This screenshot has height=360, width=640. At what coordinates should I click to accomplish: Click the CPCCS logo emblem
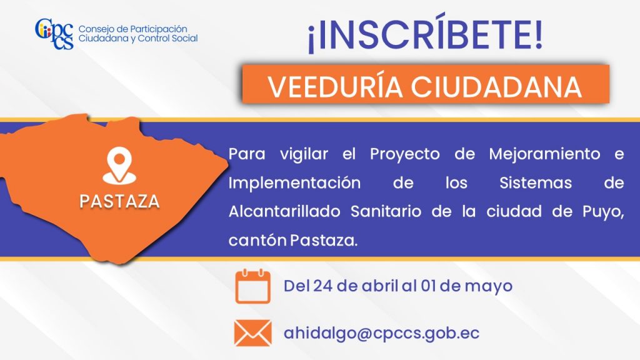54,34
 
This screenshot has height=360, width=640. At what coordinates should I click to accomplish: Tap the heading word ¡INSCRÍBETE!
426,34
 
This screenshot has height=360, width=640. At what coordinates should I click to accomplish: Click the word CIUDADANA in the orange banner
496,86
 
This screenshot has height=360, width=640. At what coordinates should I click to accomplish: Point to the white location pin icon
119,166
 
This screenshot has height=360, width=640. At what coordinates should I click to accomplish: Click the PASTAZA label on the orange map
119,201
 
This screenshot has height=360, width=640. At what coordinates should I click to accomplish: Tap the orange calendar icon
252,286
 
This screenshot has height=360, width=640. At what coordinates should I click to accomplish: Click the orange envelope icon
252,333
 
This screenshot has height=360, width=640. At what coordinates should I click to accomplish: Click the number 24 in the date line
323,286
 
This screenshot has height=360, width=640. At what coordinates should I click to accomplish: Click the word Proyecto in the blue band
405,155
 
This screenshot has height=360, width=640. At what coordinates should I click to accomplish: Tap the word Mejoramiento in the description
544,154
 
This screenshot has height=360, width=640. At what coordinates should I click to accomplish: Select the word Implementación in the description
294,183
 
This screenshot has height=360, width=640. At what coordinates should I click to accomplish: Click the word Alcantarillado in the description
284,211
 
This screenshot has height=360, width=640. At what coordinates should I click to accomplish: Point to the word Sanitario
386,211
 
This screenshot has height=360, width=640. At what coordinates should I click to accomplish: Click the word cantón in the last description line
257,241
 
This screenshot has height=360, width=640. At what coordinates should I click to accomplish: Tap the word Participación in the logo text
158,29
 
